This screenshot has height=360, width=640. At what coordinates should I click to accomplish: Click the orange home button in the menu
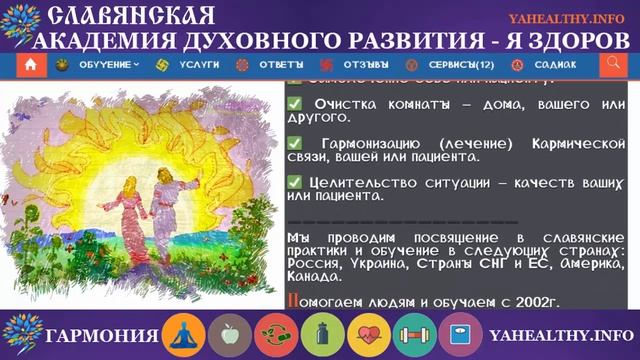point(31,64)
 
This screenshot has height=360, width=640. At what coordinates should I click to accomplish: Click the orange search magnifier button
point(613,64)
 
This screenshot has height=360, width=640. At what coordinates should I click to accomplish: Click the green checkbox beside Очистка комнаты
point(294,104)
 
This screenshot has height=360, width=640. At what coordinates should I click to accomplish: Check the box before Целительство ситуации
point(294,182)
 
